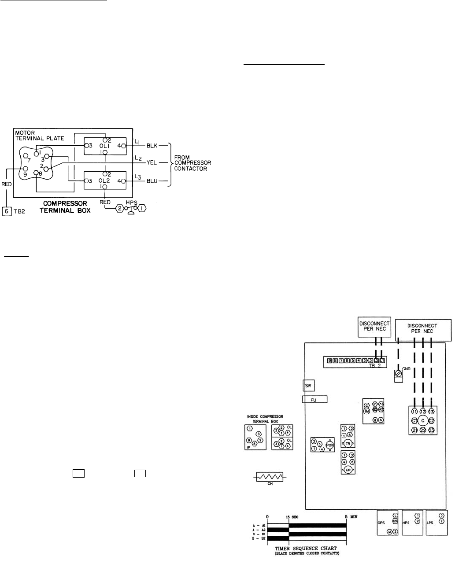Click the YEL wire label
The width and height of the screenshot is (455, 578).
pyautogui.click(x=152, y=162)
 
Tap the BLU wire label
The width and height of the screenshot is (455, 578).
pyautogui.click(x=152, y=181)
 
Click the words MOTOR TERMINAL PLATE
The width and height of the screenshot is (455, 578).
pyautogui.click(x=40, y=135)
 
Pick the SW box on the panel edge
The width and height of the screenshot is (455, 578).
pyautogui.click(x=308, y=385)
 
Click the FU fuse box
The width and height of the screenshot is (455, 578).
pyautogui.click(x=314, y=399)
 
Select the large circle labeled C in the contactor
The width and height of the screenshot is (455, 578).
pyautogui.click(x=423, y=420)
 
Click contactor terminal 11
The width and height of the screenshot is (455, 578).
pyautogui.click(x=414, y=411)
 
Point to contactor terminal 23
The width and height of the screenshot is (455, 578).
pyautogui.click(x=432, y=430)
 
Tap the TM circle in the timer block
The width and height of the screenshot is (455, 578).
pyautogui.click(x=366, y=411)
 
